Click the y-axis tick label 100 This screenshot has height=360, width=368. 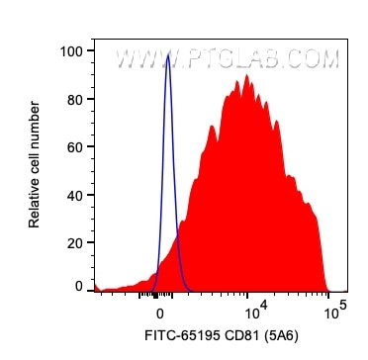tap(71, 48)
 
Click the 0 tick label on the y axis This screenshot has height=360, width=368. tap(79, 287)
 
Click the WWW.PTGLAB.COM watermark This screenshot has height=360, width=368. tap(227, 59)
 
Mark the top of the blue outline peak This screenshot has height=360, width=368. tap(168, 56)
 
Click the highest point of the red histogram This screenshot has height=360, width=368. tap(245, 77)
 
